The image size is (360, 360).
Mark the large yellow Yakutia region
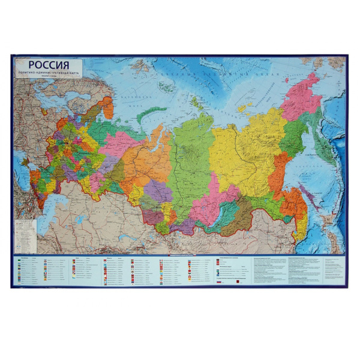(x=240, y=150)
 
